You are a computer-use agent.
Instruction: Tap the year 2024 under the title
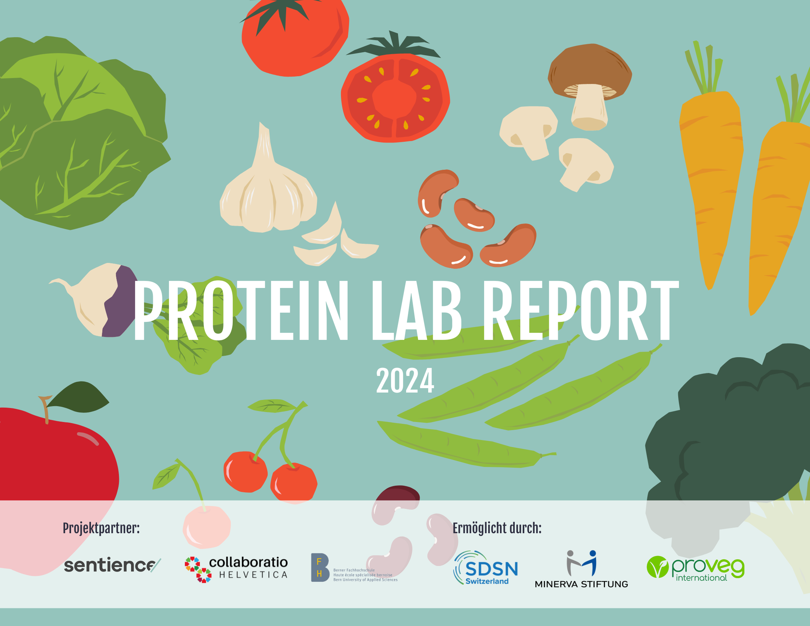tap(405, 381)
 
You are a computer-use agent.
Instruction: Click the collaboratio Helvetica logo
tap(236, 569)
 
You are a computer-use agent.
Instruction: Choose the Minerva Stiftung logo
tap(581, 570)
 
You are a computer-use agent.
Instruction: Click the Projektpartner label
tap(101, 528)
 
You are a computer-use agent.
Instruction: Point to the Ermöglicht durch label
tap(497, 528)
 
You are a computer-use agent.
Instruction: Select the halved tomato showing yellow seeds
tap(395, 98)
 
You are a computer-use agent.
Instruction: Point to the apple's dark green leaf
tap(80, 398)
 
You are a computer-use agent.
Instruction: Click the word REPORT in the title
tap(581, 310)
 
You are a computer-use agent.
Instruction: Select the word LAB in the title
tap(416, 310)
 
